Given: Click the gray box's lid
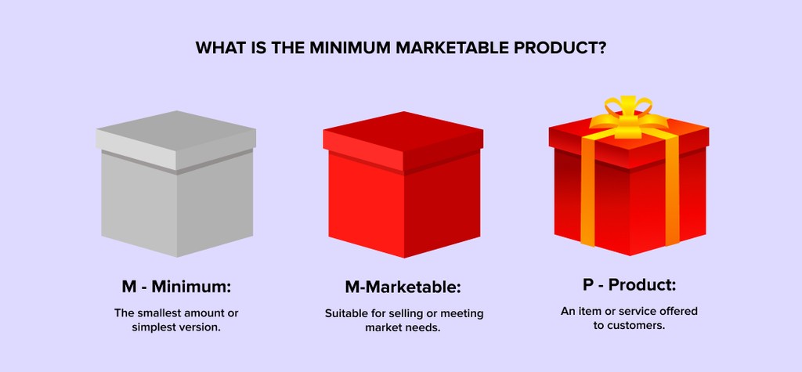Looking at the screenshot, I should point(176,137).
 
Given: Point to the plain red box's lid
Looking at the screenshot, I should point(402,137).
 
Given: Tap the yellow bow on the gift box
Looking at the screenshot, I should point(627,116).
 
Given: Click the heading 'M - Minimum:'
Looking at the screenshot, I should point(176,286).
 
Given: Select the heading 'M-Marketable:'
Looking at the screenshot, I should point(403,287).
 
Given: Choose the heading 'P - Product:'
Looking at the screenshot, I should point(629,285).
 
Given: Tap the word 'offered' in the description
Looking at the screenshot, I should point(677,311).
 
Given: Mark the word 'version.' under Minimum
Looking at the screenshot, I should point(200,327).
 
